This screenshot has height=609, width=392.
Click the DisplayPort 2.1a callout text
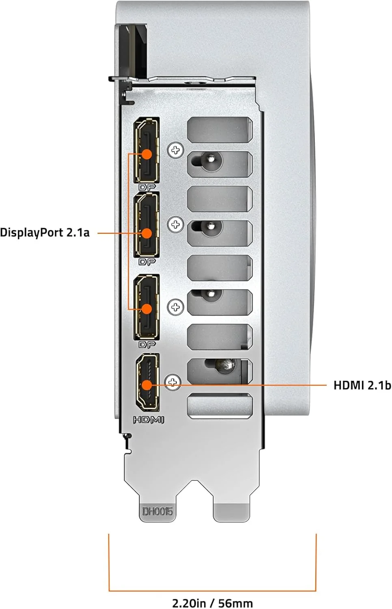pyautogui.click(x=45, y=233)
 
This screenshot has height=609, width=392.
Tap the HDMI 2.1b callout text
pyautogui.click(x=362, y=385)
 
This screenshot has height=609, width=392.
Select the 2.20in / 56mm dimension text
pyautogui.click(x=213, y=603)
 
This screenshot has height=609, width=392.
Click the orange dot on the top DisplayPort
pyautogui.click(x=147, y=154)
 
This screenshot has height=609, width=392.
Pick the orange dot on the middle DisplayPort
pyautogui.click(x=147, y=233)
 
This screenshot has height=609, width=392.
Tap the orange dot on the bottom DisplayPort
pyautogui.click(x=147, y=309)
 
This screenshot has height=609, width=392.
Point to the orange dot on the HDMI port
pyautogui.click(x=147, y=385)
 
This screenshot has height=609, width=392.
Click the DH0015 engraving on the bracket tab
pyautogui.click(x=157, y=512)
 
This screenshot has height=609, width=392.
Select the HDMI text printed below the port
pyautogui.click(x=149, y=420)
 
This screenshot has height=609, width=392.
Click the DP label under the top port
pyautogui.click(x=147, y=187)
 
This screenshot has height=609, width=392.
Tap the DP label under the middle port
pyautogui.click(x=147, y=262)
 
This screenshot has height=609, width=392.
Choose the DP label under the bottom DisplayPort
pyautogui.click(x=147, y=345)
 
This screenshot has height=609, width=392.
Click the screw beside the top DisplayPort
pyautogui.click(x=175, y=150)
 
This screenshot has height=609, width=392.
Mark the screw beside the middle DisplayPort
pyautogui.click(x=175, y=225)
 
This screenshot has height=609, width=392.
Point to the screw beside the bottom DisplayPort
pyautogui.click(x=175, y=307)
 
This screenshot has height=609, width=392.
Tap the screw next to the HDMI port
pyautogui.click(x=173, y=382)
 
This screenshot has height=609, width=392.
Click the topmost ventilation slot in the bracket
pyautogui.click(x=220, y=130)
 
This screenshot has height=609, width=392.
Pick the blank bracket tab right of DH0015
pyautogui.click(x=231, y=512)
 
